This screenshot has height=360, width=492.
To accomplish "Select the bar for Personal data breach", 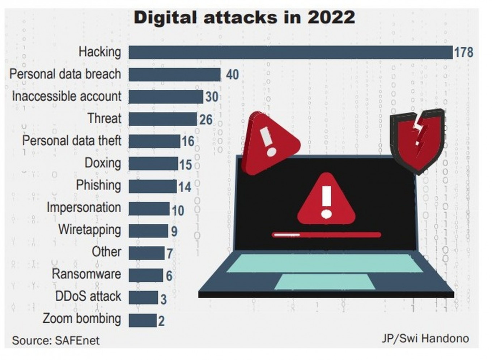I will pos(174,74).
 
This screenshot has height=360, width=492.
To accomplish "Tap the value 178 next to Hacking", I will pos(463,52).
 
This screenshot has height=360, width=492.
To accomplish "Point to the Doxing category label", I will pos(103,163).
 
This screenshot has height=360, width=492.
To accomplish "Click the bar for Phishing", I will pos(153,186).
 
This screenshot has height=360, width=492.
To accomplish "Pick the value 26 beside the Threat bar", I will pos(206,120).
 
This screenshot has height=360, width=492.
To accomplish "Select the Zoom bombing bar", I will pos(143,320).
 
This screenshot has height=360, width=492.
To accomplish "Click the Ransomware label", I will pos(86,274).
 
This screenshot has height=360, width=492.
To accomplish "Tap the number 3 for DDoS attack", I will pos(164,299).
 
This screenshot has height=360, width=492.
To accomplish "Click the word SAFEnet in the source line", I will pos(77,340).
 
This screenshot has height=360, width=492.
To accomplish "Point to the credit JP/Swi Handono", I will pos(425,339).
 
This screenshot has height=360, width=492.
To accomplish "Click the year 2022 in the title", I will pos(331,17).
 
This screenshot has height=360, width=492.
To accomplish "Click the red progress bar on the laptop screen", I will pos(326,235).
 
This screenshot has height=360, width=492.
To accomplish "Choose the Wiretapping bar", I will pos(148,231).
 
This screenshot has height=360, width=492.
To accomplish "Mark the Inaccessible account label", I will pos(67,97).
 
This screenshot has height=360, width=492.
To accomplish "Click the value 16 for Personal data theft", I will pos(188,141).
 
